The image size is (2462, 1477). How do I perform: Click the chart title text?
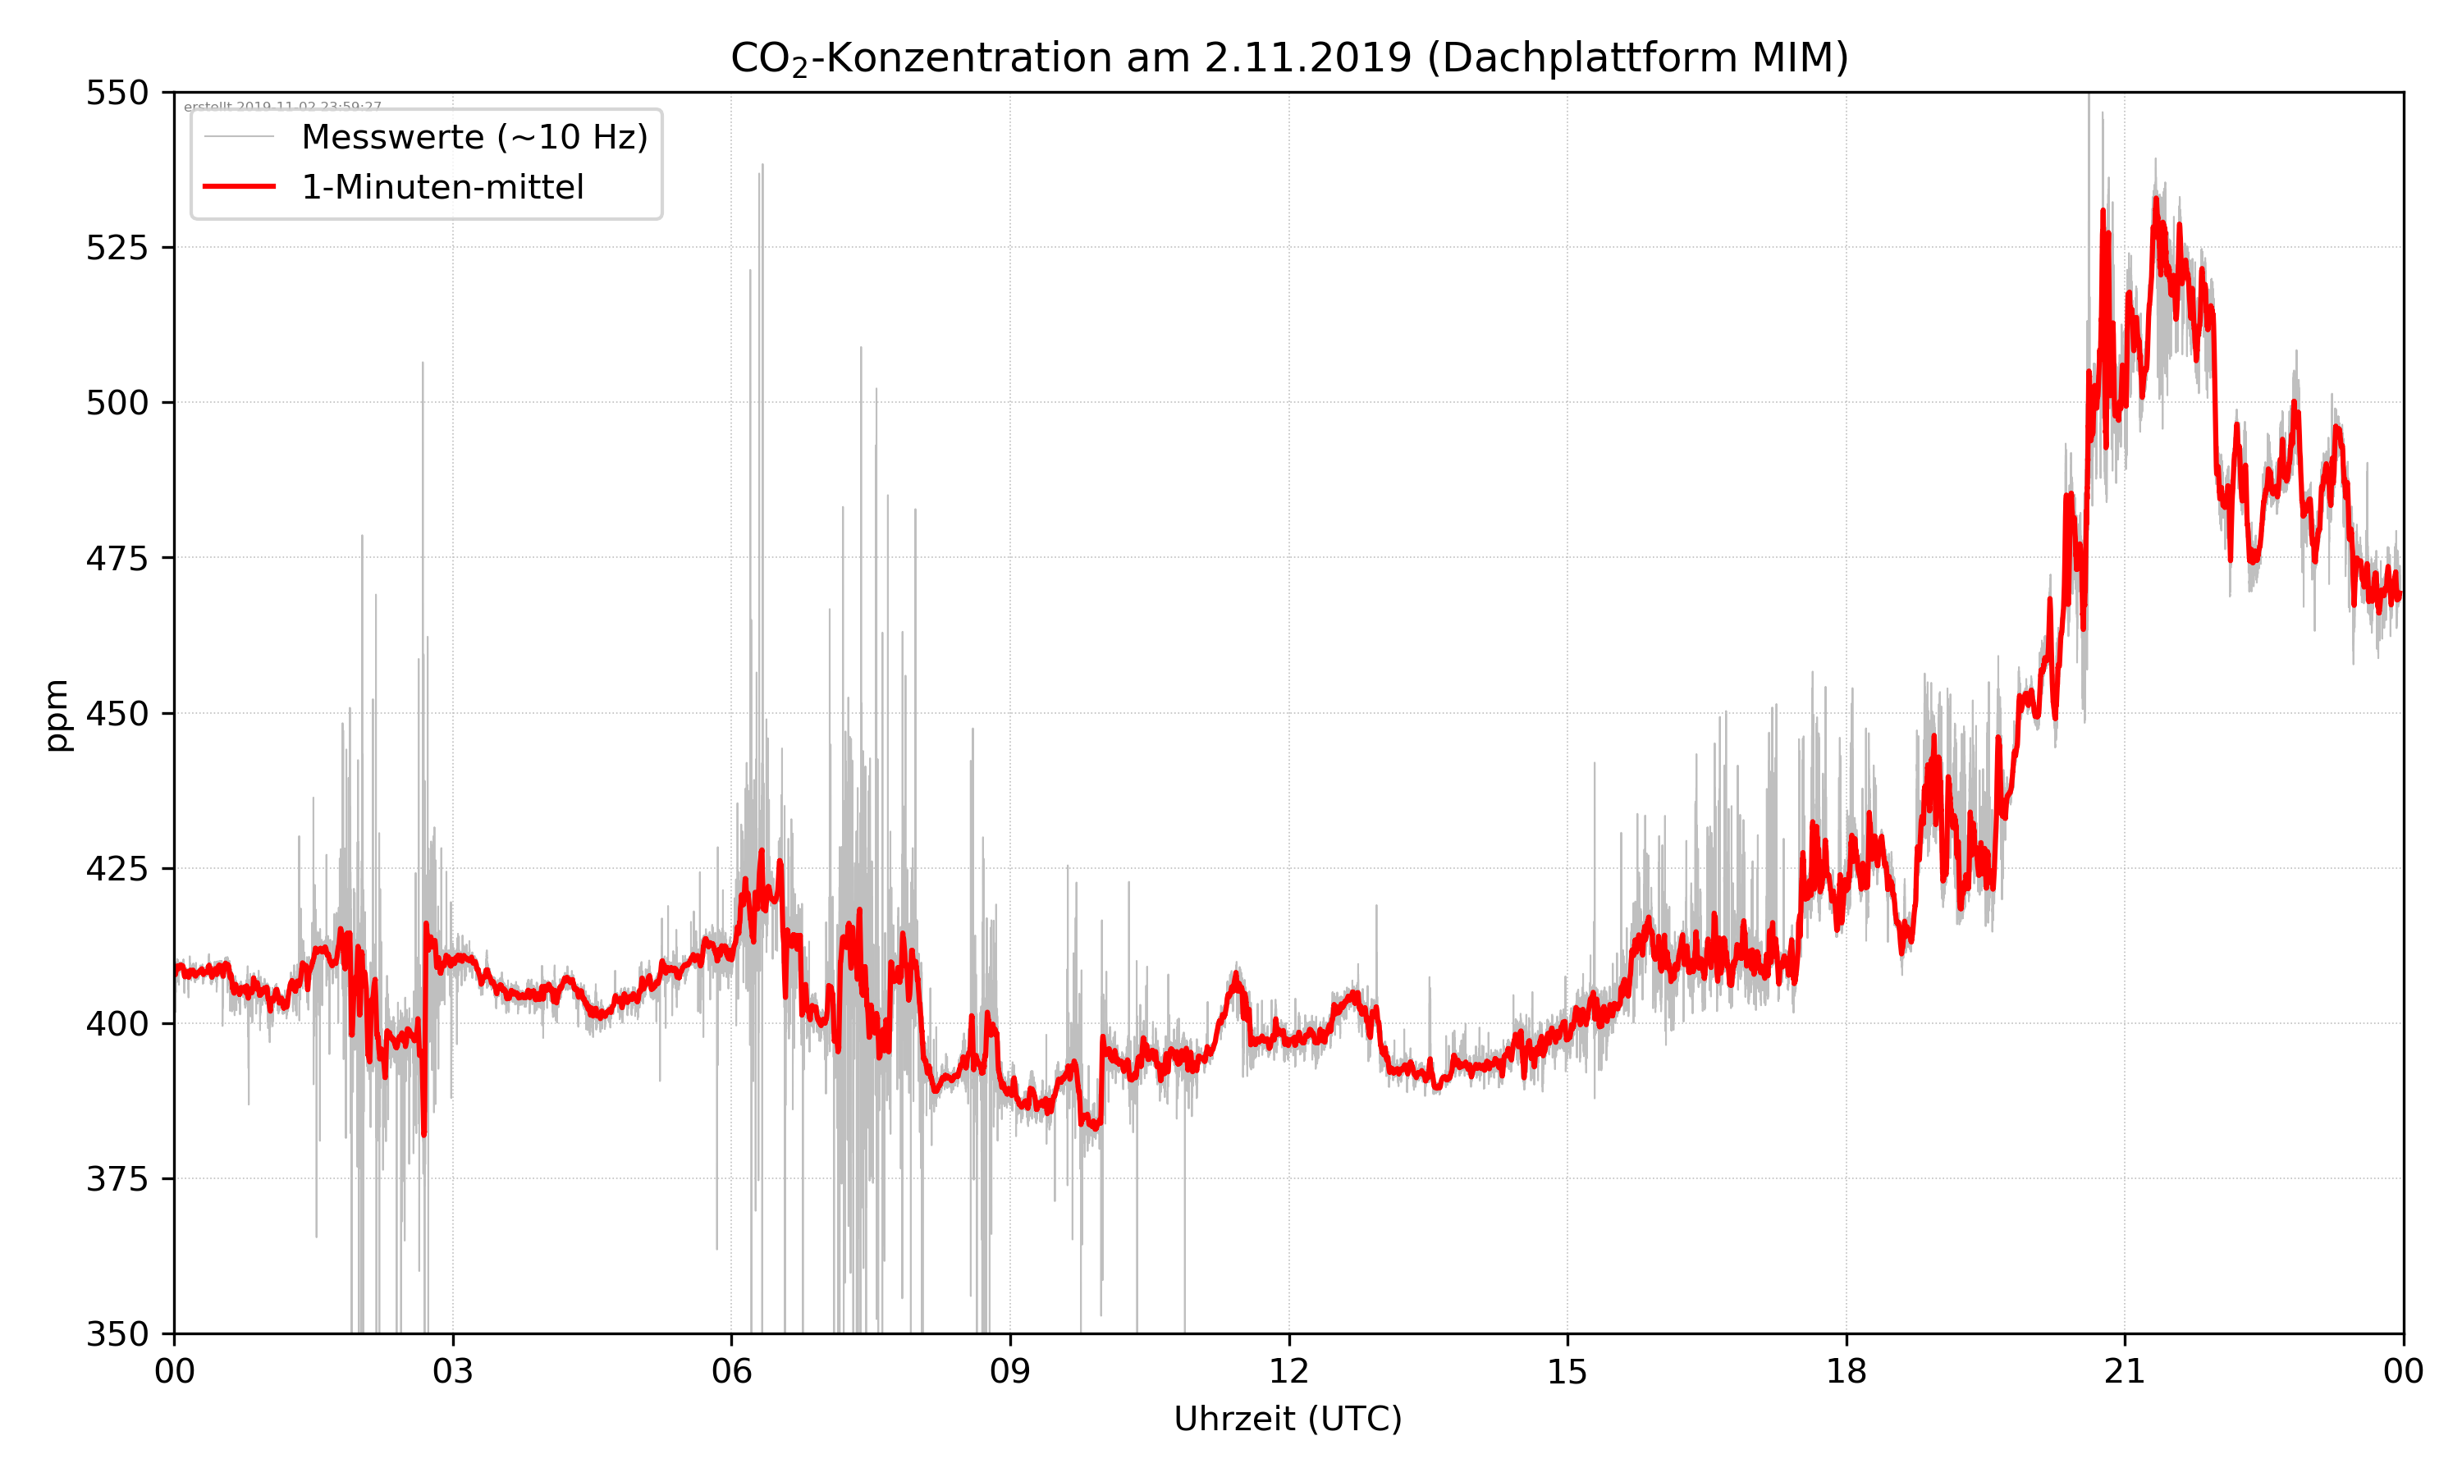(1288, 57)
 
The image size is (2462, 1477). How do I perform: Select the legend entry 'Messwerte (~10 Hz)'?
(474, 137)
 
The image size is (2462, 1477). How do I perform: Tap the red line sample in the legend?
(239, 187)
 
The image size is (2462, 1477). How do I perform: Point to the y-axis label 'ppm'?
(57, 715)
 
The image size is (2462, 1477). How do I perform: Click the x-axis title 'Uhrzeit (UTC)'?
(1288, 1418)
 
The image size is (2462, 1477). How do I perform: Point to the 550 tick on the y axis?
(117, 93)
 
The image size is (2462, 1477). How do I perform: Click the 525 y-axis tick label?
(117, 248)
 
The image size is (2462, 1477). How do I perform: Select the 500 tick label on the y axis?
(117, 403)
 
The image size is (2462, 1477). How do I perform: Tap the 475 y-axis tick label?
(117, 558)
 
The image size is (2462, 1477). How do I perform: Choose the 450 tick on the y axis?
(117, 714)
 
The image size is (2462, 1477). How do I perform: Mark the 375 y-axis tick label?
(117, 1179)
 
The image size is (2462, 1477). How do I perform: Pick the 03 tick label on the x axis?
(453, 1371)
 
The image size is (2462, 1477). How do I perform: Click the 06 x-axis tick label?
(731, 1371)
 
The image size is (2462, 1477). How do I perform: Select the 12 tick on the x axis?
(1288, 1371)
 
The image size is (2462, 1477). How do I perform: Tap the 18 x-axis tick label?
(1846, 1371)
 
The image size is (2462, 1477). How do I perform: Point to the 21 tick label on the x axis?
(2125, 1371)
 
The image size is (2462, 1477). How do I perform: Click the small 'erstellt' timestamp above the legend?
(282, 107)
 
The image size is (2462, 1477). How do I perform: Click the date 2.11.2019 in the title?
(1307, 57)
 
